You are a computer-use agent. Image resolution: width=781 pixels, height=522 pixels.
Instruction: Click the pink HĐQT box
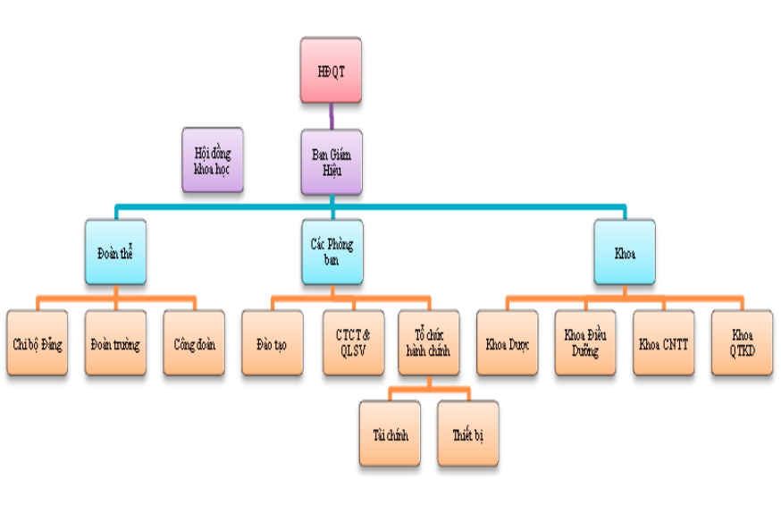click(x=331, y=71)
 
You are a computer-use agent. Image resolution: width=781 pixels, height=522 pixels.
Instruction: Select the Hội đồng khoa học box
click(x=213, y=160)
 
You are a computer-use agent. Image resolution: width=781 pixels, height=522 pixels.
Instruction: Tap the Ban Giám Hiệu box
click(x=332, y=162)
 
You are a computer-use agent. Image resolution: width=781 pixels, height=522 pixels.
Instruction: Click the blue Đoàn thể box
click(x=115, y=252)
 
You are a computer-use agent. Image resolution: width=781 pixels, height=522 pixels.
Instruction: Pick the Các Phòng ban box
click(x=332, y=252)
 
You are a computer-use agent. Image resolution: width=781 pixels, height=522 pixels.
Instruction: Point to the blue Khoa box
click(x=625, y=252)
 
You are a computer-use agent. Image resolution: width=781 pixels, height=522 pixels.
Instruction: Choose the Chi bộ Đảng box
click(x=38, y=342)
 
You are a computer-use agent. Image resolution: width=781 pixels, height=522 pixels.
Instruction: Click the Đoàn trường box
click(x=115, y=342)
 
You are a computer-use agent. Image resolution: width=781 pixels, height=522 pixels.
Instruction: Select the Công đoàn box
click(x=194, y=342)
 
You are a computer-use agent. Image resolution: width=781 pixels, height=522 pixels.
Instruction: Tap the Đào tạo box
click(x=273, y=342)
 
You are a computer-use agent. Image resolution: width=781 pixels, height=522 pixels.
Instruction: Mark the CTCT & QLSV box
click(x=354, y=342)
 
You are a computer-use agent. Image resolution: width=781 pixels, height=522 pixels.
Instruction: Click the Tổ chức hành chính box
click(x=429, y=342)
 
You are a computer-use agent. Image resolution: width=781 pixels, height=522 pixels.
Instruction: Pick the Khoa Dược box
click(x=507, y=342)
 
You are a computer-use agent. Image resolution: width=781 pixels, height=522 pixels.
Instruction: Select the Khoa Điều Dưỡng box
click(x=585, y=342)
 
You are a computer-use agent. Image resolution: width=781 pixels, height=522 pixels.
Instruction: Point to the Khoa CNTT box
click(x=663, y=342)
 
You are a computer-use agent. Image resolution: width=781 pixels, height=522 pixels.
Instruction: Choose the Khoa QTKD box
click(x=743, y=342)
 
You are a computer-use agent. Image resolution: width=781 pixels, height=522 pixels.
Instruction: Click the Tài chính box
click(x=390, y=434)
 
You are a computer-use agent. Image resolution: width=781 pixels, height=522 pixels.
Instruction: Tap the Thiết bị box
click(x=468, y=434)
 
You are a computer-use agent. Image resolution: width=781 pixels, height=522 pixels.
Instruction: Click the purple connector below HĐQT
click(x=332, y=116)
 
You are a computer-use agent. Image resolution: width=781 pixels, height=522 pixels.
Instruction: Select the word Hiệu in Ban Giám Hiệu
click(x=332, y=171)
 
